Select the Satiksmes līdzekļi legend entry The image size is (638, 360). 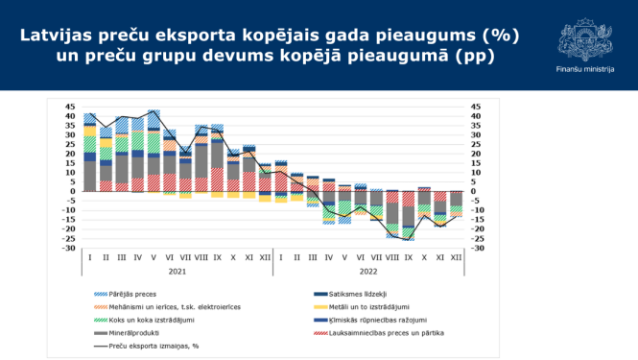click(x=355, y=294)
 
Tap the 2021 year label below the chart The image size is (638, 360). click(x=177, y=271)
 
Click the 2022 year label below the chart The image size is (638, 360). click(x=367, y=271)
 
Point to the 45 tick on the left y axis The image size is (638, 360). click(x=70, y=107)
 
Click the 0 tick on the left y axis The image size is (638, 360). click(x=73, y=191)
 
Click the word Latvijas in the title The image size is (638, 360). click(x=65, y=36)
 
